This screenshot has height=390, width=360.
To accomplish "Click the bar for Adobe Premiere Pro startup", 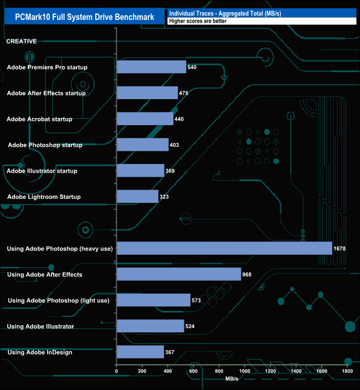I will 151,67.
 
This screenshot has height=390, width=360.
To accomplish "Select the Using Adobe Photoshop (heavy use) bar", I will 224,249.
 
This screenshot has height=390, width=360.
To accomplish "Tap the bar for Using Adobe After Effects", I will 179,274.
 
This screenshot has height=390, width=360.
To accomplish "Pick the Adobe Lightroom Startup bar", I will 137,197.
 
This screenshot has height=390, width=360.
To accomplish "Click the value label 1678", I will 340,249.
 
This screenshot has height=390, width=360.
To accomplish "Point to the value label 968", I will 248,274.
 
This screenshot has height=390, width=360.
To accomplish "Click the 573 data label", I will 197,300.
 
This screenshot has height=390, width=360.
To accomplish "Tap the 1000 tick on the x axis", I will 245,371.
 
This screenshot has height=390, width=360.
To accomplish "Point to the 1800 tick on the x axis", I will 348,371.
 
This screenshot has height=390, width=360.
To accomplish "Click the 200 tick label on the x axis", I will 142,371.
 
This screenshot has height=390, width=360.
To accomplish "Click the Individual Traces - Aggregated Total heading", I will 224,13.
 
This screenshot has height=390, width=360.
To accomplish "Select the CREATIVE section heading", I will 22,41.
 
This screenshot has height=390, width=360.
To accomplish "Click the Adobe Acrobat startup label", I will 39,119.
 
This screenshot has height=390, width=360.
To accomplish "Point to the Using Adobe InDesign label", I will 39,352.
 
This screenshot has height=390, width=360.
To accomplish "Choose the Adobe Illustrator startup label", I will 42,171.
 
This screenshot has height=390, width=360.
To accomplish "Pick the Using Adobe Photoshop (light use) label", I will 58,300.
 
